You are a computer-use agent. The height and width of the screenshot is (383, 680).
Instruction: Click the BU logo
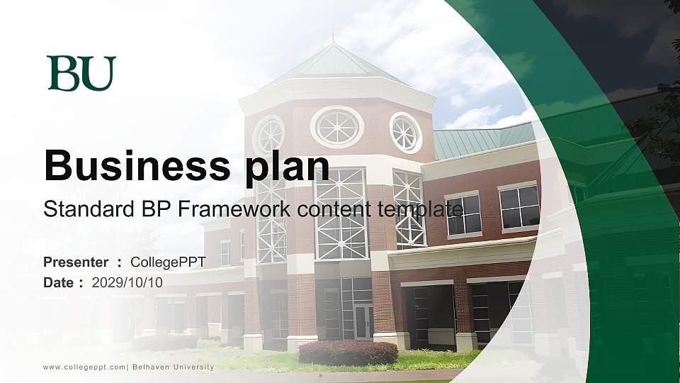(x=81, y=73)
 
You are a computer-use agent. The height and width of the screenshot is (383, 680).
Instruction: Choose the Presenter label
(x=76, y=262)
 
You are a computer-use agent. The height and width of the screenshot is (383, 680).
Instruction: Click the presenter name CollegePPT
(x=168, y=262)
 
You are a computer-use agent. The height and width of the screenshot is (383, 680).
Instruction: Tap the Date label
(x=59, y=282)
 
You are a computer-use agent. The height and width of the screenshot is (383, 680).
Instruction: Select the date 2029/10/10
(x=127, y=282)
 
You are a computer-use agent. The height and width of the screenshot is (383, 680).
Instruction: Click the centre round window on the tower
(x=337, y=126)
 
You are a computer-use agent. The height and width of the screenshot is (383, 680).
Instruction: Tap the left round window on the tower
(x=268, y=134)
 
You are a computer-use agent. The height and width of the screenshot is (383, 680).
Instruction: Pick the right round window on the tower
(x=406, y=132)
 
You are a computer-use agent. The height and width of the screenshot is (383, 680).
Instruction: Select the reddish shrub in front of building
(x=348, y=353)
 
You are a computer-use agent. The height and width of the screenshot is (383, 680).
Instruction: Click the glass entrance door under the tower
(x=363, y=321)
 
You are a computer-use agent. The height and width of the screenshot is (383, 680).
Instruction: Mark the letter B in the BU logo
(x=63, y=73)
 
